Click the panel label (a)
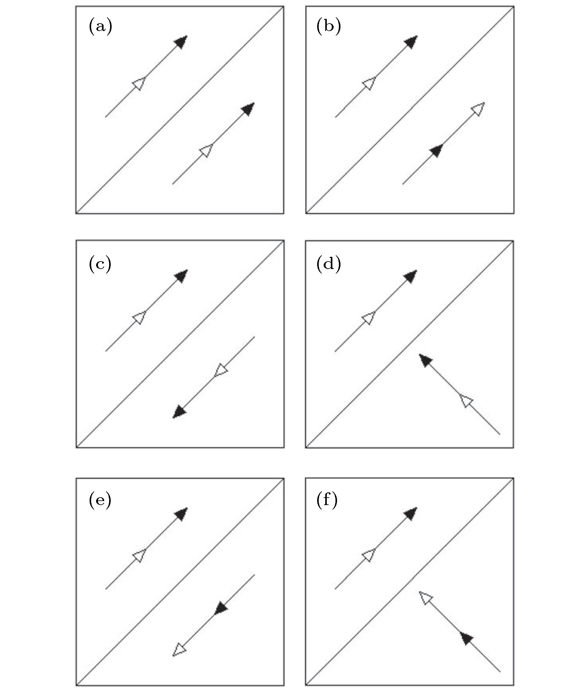click(100, 27)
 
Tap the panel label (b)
click(329, 27)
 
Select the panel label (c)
click(100, 265)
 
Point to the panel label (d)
click(329, 265)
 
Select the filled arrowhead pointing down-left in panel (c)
click(180, 411)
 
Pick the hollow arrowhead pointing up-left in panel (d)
click(467, 401)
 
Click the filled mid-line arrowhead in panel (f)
click(467, 638)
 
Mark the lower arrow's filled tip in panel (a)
click(248, 109)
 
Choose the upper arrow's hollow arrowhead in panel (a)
click(139, 83)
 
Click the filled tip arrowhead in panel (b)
click(411, 42)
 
